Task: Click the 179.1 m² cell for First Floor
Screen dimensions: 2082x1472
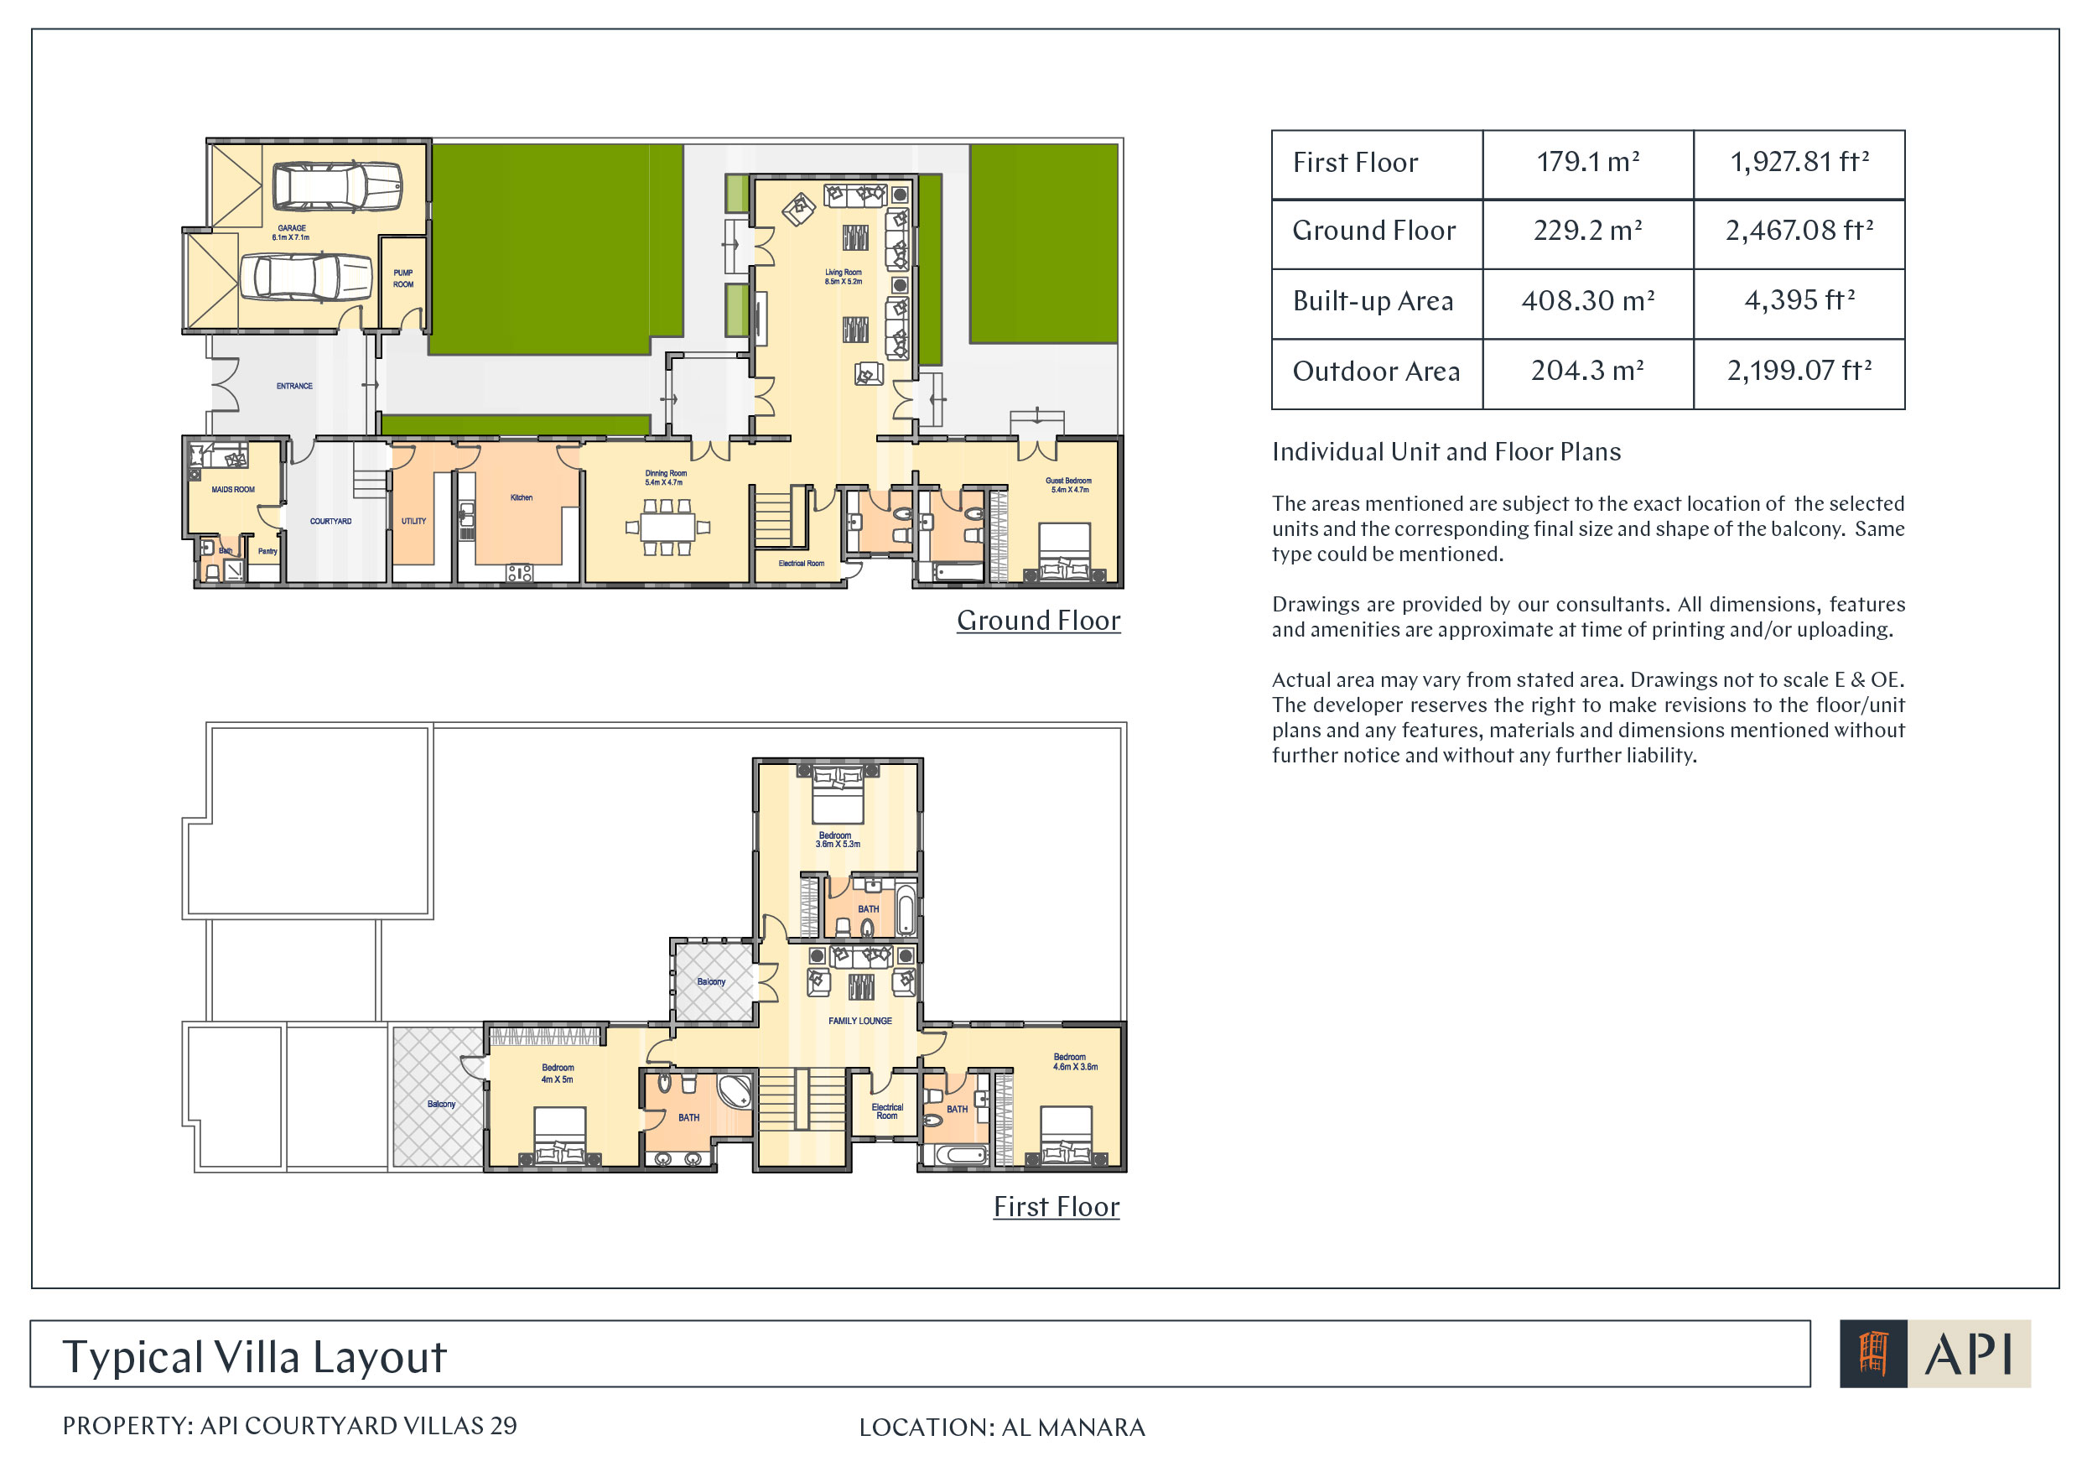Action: tap(1588, 164)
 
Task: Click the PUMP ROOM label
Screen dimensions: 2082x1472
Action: tap(403, 278)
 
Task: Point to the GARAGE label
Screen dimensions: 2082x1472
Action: tap(291, 232)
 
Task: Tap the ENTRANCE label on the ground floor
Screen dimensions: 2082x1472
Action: tap(294, 387)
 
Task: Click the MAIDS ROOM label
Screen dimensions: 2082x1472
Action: tap(233, 490)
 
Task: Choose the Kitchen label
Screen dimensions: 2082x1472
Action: tap(522, 498)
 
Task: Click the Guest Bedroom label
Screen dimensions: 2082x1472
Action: tap(1069, 486)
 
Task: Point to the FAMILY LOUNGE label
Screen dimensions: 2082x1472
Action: tap(859, 1022)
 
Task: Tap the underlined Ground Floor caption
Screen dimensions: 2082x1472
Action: tap(1038, 622)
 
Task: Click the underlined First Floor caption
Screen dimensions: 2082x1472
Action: tap(1057, 1207)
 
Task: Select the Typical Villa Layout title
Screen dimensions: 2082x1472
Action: tap(254, 1358)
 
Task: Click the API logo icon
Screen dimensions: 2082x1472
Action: tap(1873, 1354)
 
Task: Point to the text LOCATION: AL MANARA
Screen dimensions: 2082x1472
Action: tap(1002, 1428)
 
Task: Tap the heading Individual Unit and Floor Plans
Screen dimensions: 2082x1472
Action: tap(1446, 452)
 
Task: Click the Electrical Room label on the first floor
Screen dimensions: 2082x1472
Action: tap(887, 1112)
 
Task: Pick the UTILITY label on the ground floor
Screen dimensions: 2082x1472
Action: tap(413, 522)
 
